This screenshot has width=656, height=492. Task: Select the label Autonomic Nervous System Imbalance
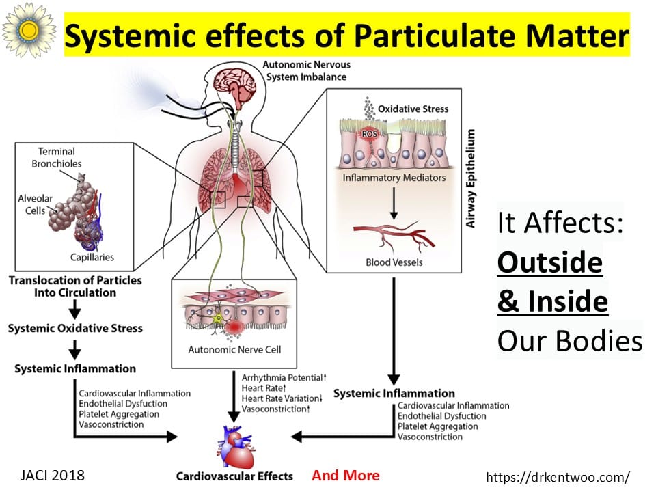click(x=298, y=70)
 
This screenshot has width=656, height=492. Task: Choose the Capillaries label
click(x=92, y=258)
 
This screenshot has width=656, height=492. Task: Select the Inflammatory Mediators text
click(x=396, y=178)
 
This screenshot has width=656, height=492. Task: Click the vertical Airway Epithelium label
click(x=470, y=178)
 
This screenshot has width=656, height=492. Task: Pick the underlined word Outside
click(x=549, y=263)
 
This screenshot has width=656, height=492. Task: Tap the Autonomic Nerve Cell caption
click(x=234, y=350)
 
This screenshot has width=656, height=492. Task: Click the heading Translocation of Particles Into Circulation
click(x=75, y=286)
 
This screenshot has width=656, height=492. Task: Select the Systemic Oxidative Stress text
click(x=75, y=328)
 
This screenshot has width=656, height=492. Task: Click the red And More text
click(x=345, y=476)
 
